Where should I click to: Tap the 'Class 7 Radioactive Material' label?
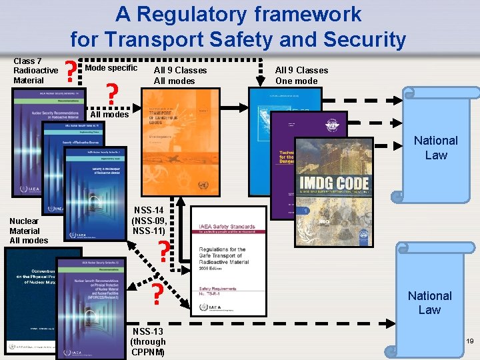35,71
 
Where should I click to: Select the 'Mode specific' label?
111,68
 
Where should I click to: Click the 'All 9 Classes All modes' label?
180,75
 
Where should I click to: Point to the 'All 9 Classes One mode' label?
301,75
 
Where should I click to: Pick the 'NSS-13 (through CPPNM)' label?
148,341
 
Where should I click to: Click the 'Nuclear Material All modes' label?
29,231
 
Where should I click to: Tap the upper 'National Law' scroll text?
435,147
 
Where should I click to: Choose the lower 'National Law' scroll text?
429,303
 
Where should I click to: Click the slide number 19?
469,341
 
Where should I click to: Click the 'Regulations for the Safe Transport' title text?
223,256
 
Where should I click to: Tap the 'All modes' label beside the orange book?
109,115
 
